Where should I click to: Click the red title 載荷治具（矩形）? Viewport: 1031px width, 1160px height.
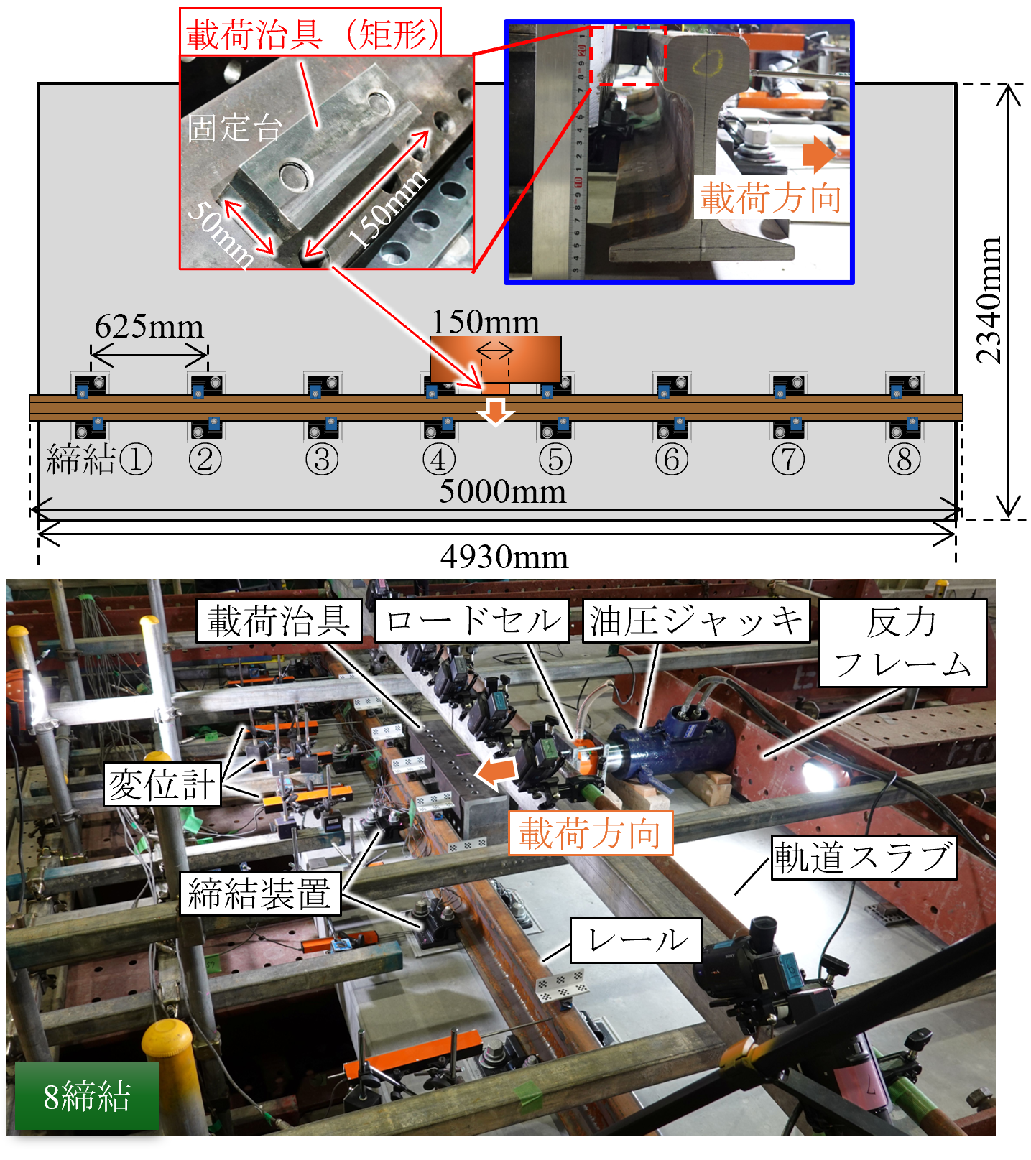point(310,33)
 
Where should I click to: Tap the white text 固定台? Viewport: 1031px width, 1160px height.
point(234,128)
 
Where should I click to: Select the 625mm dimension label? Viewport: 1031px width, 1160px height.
point(149,326)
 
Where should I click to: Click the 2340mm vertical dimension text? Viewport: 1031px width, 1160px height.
point(989,300)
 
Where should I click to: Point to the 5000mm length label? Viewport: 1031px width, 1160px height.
point(503,492)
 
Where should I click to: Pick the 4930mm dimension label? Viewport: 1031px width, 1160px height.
point(504,557)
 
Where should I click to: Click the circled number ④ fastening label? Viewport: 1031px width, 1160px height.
point(438,460)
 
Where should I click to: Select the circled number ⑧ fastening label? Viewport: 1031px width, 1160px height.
point(904,460)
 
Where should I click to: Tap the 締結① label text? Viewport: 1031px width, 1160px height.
point(99,459)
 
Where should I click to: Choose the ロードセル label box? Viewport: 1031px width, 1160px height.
point(472,621)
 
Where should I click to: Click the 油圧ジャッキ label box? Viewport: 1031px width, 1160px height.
point(695,621)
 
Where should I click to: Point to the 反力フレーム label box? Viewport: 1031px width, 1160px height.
point(902,644)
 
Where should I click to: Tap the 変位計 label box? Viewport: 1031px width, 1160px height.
point(162,784)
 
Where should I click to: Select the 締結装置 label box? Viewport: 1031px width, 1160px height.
point(260,894)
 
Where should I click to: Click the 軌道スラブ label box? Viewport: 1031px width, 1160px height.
point(864,858)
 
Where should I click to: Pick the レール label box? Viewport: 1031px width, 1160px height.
point(636,940)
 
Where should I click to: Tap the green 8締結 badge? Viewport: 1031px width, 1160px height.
point(87,1096)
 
